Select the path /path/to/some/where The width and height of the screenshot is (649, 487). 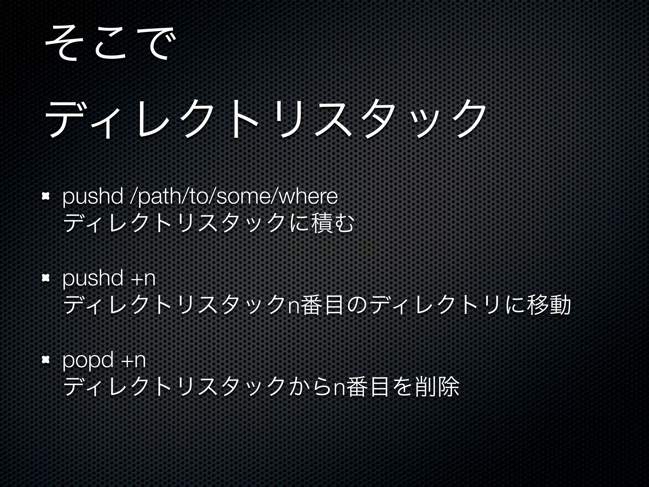235,198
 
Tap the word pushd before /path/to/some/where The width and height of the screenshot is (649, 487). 93,198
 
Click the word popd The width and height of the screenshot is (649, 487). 88,360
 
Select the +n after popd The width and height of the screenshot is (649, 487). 134,360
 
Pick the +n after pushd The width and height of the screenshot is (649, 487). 145,279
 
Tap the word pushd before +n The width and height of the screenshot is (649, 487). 93,279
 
